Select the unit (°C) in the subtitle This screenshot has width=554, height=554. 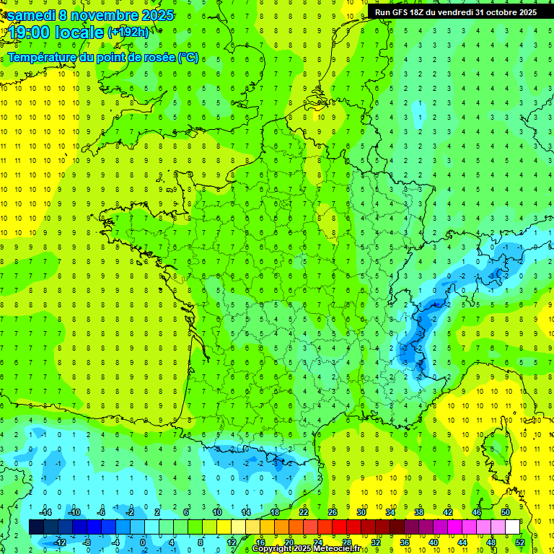point(188,58)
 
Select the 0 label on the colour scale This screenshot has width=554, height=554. point(143,542)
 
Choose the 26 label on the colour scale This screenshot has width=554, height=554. point(333,511)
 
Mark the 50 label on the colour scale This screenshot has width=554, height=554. point(506,511)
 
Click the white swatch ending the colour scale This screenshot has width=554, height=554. point(512,527)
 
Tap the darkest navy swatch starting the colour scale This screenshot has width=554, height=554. point(36,527)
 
